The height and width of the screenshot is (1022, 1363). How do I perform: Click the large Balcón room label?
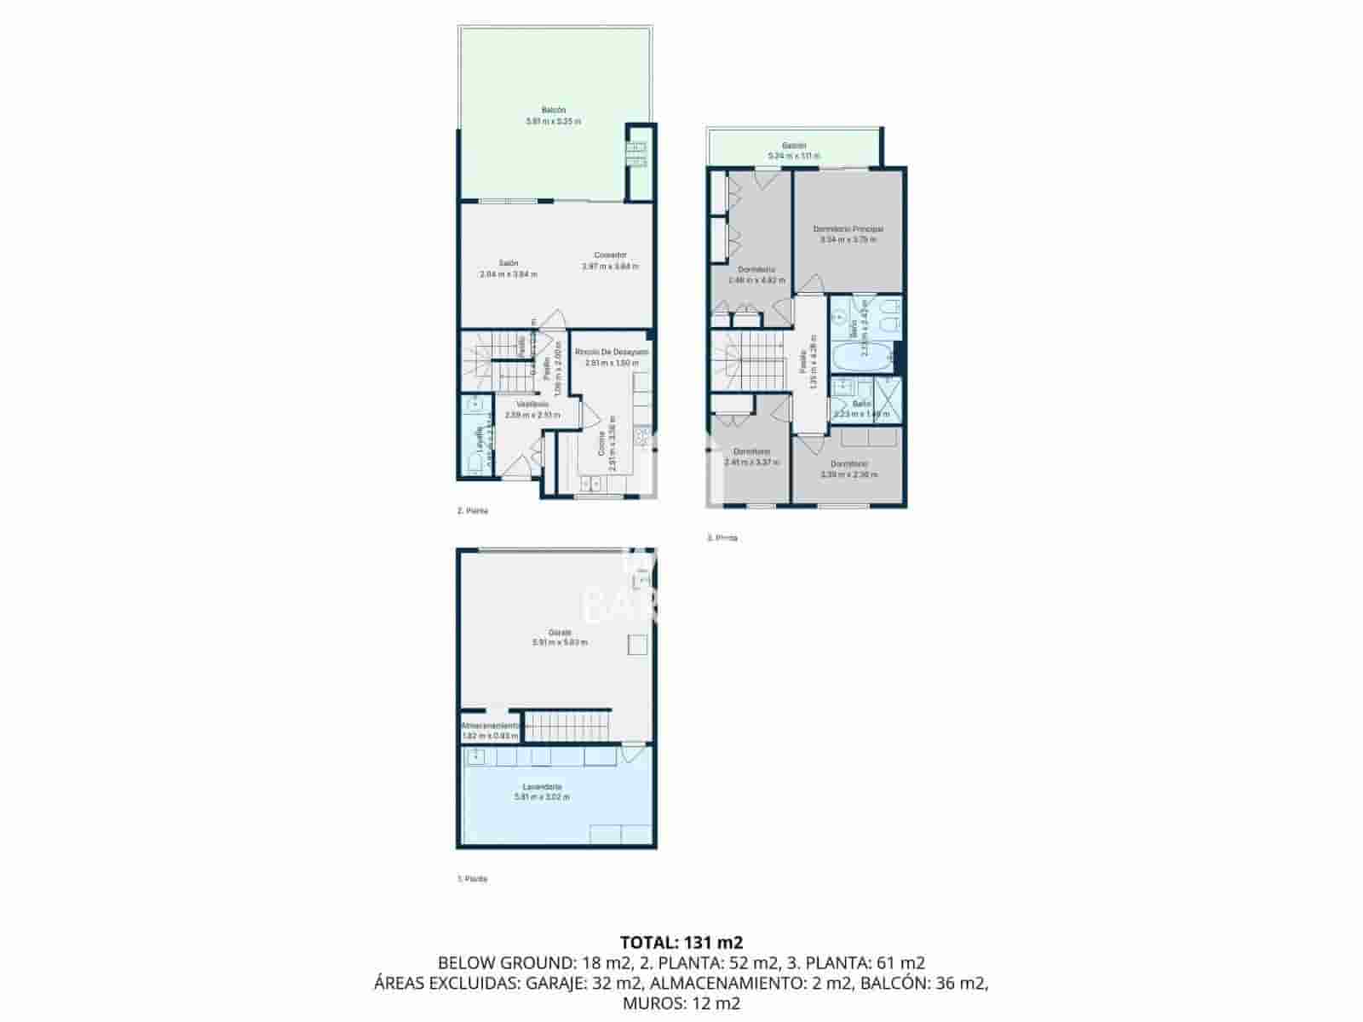pyautogui.click(x=553, y=116)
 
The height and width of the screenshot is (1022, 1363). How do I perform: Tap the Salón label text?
pyautogui.click(x=509, y=268)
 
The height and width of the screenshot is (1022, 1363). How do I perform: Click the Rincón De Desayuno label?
pyautogui.click(x=611, y=357)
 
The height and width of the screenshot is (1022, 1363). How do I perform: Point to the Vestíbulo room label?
pyautogui.click(x=532, y=409)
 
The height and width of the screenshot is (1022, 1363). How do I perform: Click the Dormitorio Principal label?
pyautogui.click(x=848, y=234)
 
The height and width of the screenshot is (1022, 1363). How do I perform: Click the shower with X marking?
pyautogui.click(x=888, y=399)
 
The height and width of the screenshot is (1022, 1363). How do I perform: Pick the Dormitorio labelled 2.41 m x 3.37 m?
pyautogui.click(x=751, y=456)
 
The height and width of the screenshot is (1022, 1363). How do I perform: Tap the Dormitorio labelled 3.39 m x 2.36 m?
pyautogui.click(x=848, y=469)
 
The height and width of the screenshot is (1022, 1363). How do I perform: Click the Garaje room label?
pyautogui.click(x=559, y=637)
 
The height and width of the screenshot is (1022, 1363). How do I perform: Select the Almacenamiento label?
pyautogui.click(x=490, y=731)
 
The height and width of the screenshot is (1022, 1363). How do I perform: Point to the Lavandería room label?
pyautogui.click(x=542, y=791)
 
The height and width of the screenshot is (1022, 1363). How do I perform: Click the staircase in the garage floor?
pyautogui.click(x=567, y=726)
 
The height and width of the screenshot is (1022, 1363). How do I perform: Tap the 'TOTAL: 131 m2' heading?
pyautogui.click(x=681, y=942)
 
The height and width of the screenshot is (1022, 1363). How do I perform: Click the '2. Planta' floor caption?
pyautogui.click(x=473, y=511)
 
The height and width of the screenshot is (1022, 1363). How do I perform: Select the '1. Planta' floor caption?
pyautogui.click(x=473, y=878)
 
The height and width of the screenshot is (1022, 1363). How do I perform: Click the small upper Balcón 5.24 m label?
pyautogui.click(x=794, y=151)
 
